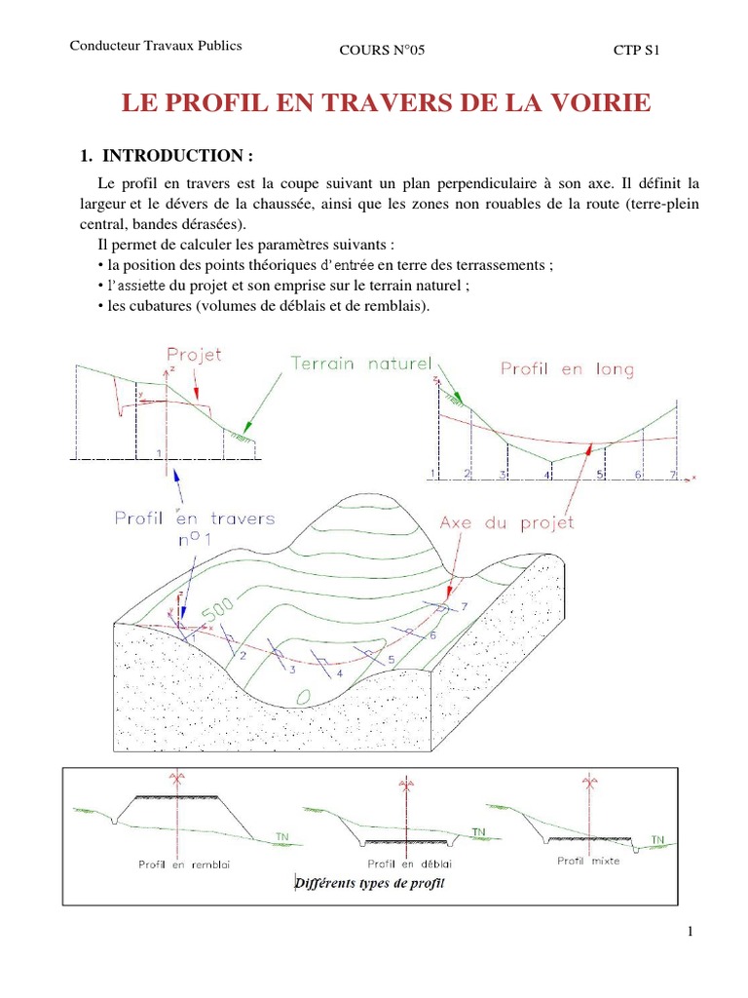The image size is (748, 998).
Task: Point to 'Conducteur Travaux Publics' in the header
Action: pyautogui.click(x=156, y=46)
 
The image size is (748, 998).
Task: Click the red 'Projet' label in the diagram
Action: pyautogui.click(x=195, y=355)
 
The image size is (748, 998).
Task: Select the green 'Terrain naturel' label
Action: pyautogui.click(x=360, y=364)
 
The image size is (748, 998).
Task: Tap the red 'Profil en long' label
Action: pyautogui.click(x=567, y=368)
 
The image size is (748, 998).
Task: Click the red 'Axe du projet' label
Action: pyautogui.click(x=506, y=521)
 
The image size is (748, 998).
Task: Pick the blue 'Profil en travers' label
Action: pyautogui.click(x=195, y=518)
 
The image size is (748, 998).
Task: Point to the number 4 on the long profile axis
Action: pyautogui.click(x=547, y=475)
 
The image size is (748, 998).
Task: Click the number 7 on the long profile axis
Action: pyautogui.click(x=671, y=474)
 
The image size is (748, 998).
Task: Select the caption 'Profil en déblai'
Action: pyautogui.click(x=410, y=864)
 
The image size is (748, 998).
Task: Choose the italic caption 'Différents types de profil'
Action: pyautogui.click(x=370, y=883)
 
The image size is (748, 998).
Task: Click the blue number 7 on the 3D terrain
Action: pyautogui.click(x=465, y=606)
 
